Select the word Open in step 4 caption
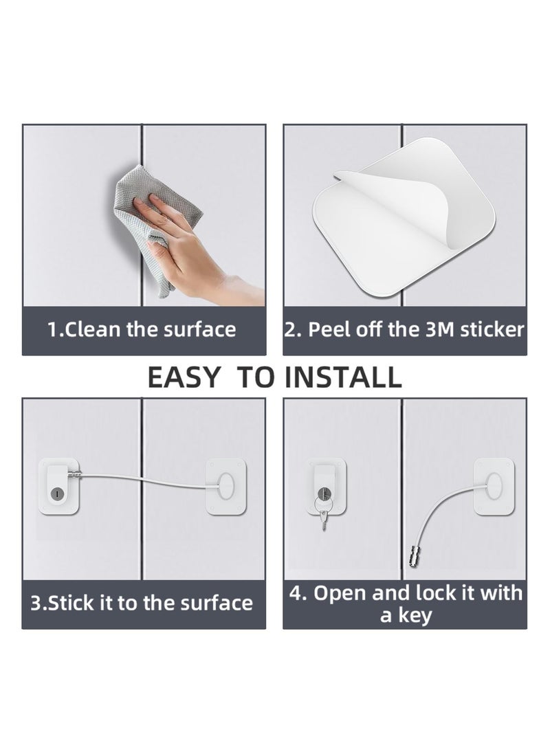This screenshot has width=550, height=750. coord(338,593)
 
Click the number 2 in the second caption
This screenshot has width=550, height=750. coord(290,329)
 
